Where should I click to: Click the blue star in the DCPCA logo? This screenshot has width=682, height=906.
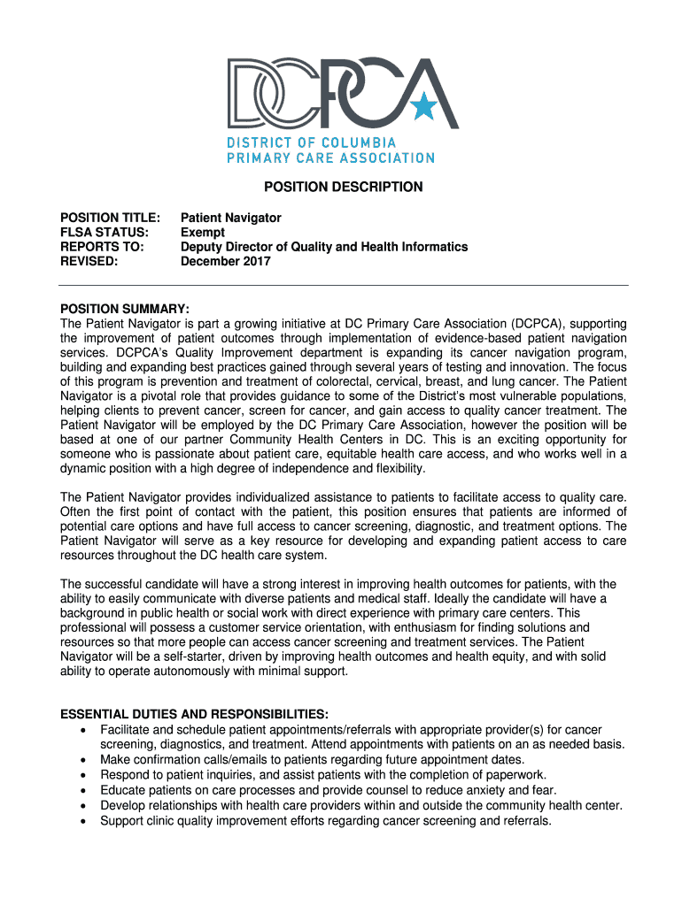tap(423, 107)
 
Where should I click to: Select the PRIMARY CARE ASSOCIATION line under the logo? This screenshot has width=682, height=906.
tap(330, 157)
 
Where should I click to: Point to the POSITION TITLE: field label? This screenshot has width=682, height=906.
tap(110, 218)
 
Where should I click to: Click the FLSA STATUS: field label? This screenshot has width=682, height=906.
tap(104, 233)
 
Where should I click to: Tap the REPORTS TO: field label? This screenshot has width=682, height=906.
tap(101, 247)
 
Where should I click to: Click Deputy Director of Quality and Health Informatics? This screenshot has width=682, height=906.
tap(324, 247)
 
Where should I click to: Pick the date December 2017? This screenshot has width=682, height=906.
tap(226, 262)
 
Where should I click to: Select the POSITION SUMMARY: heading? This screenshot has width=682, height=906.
tap(124, 309)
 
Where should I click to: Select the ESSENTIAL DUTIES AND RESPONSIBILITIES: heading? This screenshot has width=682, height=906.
tap(194, 715)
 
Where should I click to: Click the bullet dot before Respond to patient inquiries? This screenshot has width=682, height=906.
tap(83, 775)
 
